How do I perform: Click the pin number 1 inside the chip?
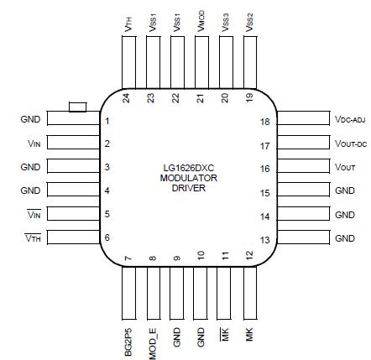tap(108, 121)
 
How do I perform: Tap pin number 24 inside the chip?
tap(126, 97)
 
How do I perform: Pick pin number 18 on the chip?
tap(265, 121)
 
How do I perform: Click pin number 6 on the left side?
tap(108, 238)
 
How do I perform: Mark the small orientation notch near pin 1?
tap(77, 107)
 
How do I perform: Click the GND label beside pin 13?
tap(345, 239)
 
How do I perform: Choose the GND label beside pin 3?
tap(30, 168)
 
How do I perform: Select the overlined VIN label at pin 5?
tap(34, 216)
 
